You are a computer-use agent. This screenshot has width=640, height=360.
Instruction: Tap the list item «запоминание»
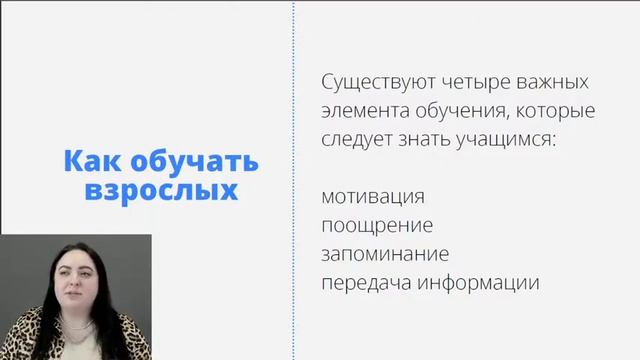pos(385,253)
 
